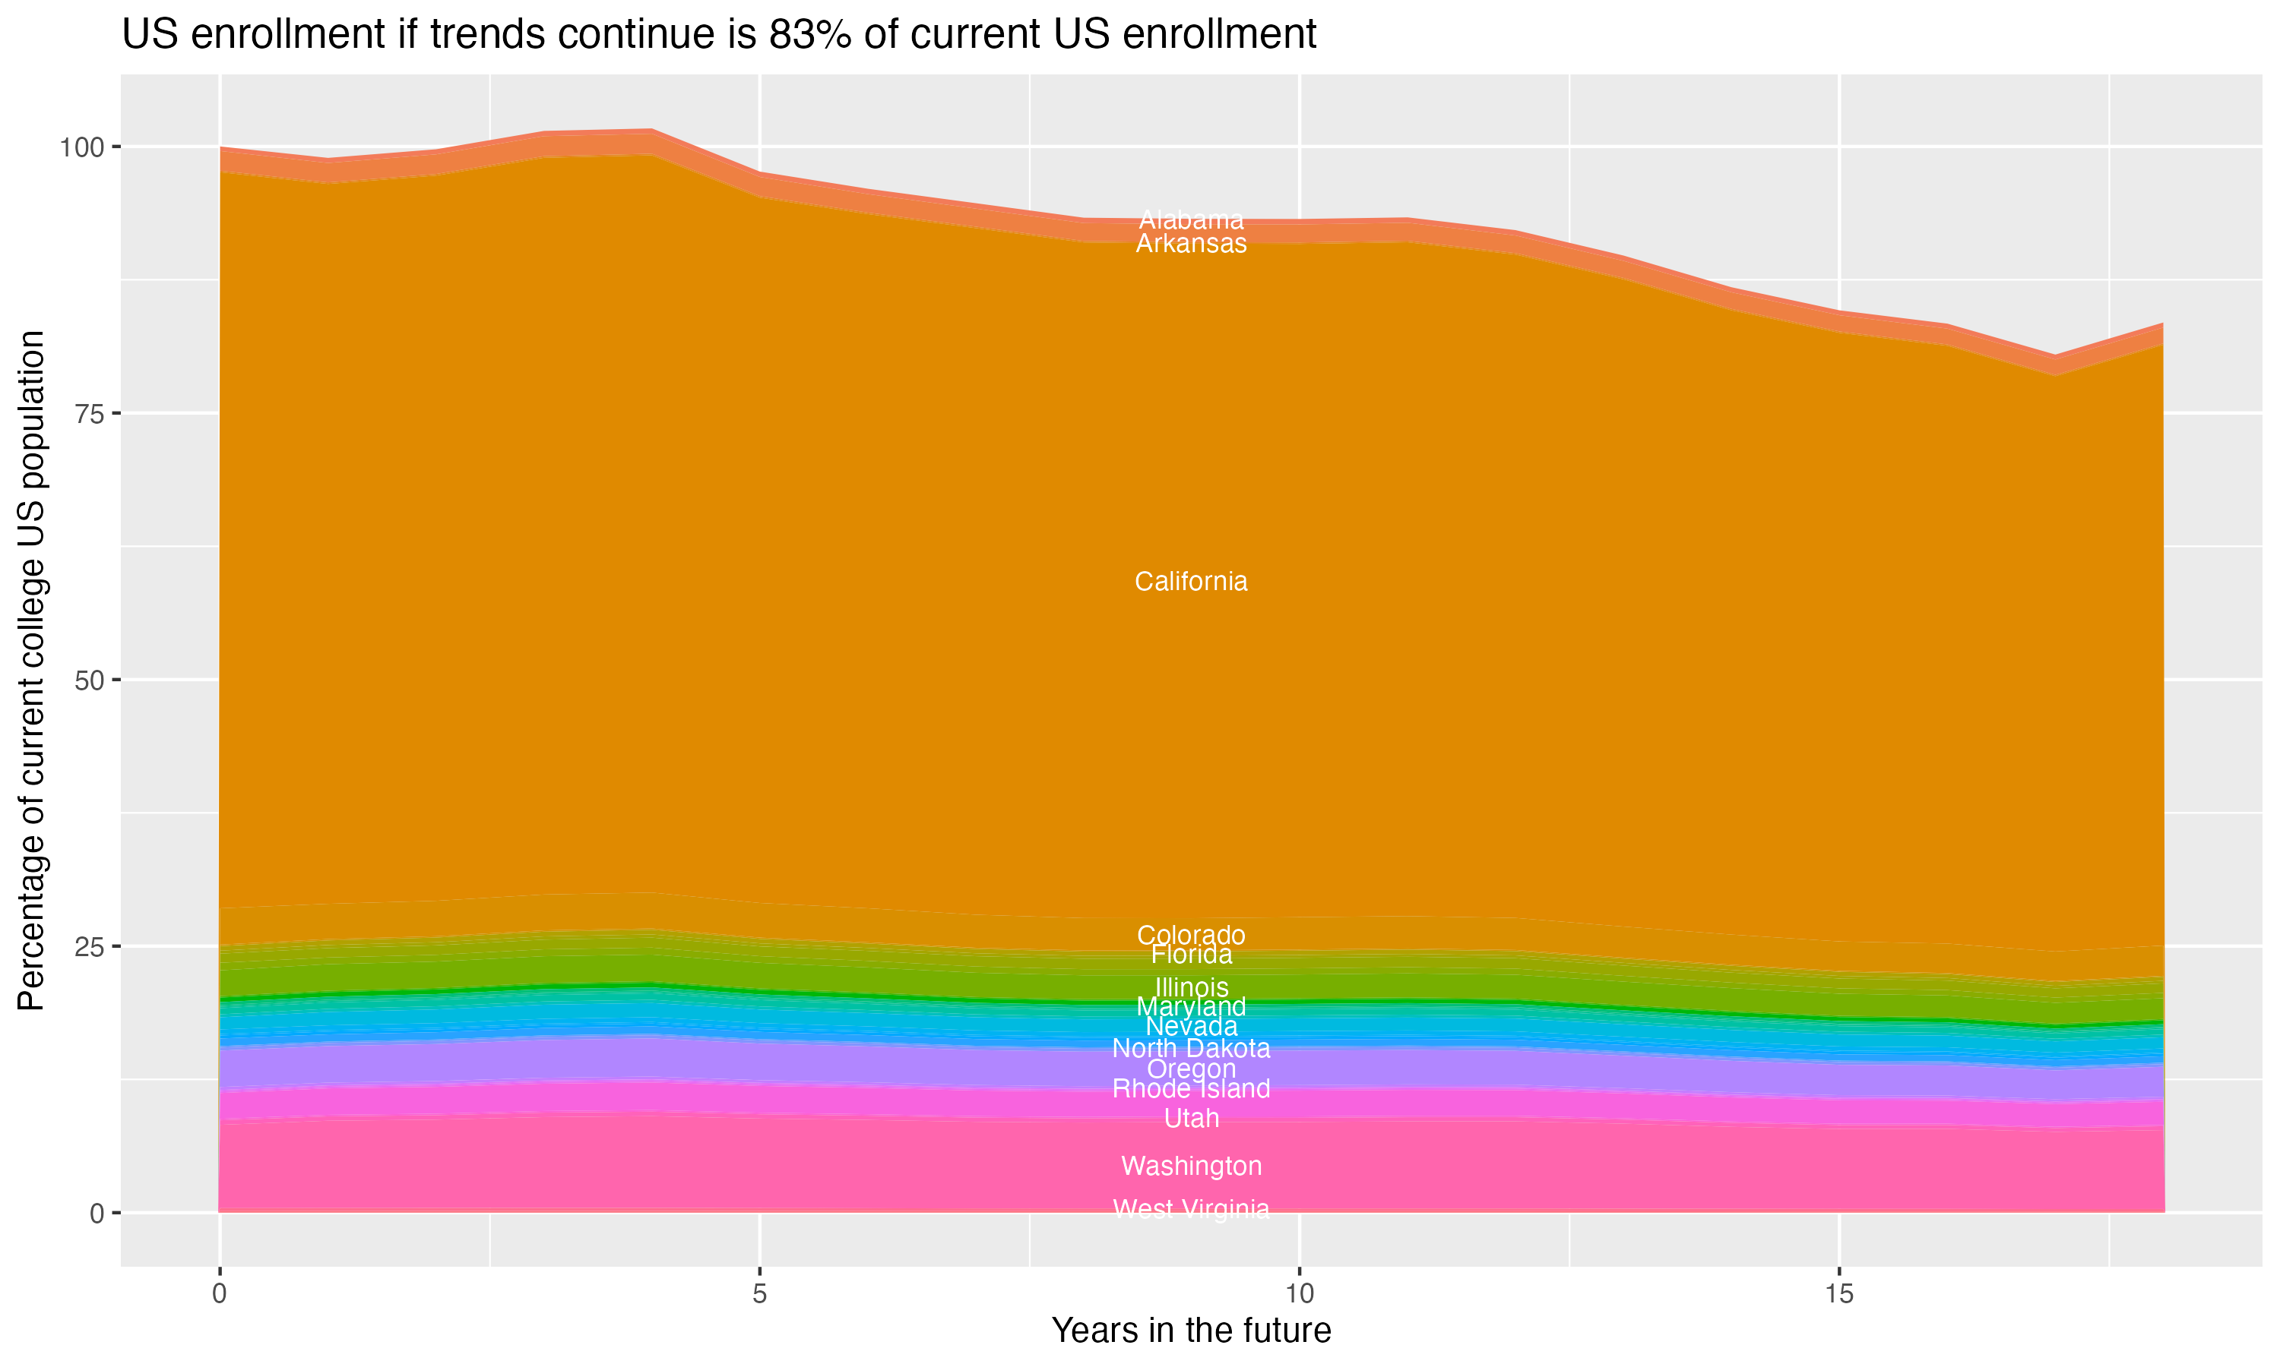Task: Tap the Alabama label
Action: (1191, 220)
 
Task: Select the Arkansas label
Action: (1191, 243)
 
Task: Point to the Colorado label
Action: (1191, 935)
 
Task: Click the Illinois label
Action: (1191, 987)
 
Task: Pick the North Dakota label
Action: (1191, 1048)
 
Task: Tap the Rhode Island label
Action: (1191, 1089)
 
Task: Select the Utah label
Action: (1191, 1119)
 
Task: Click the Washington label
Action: (1191, 1167)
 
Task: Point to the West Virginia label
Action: (1191, 1208)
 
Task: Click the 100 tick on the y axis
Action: (84, 147)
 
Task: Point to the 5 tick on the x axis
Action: (759, 1294)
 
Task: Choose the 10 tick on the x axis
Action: (1299, 1294)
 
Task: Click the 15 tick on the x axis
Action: (1838, 1294)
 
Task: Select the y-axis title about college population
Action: (31, 670)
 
